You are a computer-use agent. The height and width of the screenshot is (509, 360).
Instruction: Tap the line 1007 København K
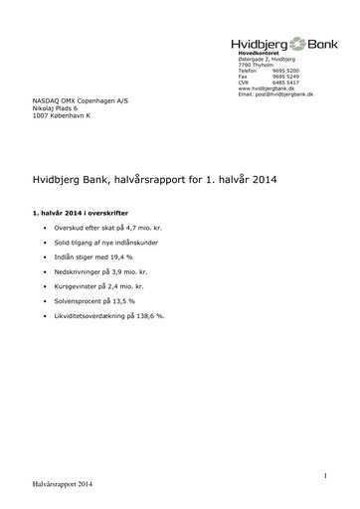(x=63, y=118)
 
